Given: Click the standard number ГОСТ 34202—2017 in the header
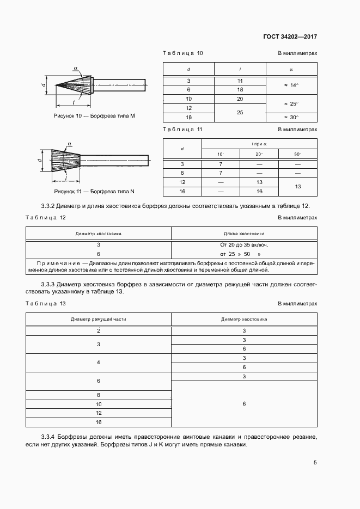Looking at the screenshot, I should [290, 37].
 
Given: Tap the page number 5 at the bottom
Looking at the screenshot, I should [315, 463].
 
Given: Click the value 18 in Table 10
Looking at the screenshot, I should [240, 89].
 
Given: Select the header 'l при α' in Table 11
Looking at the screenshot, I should [259, 144].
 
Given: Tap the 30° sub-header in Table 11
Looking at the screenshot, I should [297, 155].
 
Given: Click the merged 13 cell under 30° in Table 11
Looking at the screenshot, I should [297, 186].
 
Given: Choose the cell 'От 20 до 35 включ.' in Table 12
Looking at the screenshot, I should [243, 245].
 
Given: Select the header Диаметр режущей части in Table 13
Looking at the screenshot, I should [99, 320].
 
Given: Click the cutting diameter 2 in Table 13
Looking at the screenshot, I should [99, 331].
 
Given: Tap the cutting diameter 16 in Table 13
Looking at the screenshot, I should [99, 422].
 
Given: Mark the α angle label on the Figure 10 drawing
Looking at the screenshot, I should [76, 68].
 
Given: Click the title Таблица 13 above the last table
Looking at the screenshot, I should [46, 303].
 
